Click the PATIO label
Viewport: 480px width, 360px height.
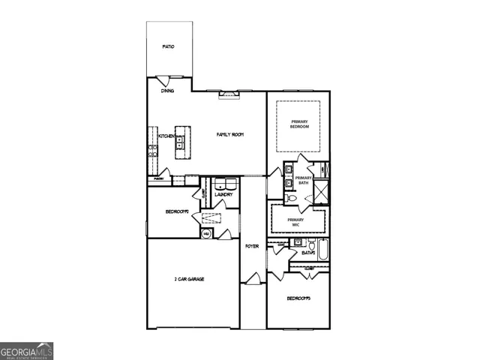(x=169, y=46)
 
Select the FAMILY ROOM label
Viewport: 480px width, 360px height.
(x=230, y=134)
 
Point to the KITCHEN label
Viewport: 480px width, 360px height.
(x=166, y=136)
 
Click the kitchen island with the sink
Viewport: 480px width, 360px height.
(x=181, y=140)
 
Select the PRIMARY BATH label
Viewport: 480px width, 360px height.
(x=303, y=180)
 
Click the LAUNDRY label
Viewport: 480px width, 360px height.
(x=223, y=195)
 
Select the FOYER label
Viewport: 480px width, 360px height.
(x=252, y=246)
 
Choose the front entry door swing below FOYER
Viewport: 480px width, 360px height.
(x=253, y=279)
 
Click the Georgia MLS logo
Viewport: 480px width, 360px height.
(x=26, y=350)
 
